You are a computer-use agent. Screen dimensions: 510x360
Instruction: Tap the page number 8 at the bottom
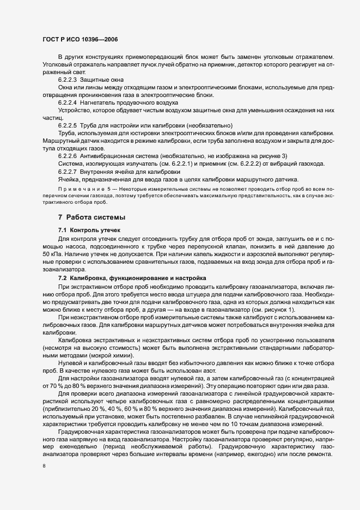click(44, 466)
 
